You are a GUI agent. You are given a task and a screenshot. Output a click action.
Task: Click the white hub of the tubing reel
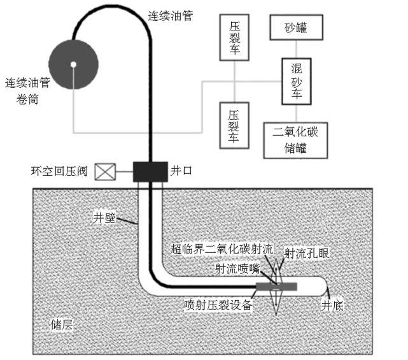73,64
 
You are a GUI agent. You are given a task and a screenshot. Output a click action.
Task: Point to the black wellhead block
150,171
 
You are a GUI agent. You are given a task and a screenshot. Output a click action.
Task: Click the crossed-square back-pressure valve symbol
105,171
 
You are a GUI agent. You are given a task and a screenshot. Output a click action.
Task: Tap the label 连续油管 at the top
171,16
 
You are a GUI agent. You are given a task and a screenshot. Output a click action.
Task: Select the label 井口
181,171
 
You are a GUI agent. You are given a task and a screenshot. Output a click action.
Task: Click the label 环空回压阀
59,171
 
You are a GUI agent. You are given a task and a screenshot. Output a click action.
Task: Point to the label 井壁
104,217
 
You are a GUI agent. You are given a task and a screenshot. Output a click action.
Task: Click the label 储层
62,324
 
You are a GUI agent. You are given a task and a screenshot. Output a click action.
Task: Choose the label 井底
332,306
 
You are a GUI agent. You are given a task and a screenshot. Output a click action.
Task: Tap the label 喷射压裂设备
218,305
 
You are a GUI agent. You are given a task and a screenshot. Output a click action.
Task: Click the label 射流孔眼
307,253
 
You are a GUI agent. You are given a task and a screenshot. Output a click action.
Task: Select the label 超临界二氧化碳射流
222,249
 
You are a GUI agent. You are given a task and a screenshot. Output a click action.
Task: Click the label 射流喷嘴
237,268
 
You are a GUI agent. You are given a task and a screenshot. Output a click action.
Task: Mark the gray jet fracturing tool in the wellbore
277,287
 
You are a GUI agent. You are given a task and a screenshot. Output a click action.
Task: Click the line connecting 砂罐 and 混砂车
297,49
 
